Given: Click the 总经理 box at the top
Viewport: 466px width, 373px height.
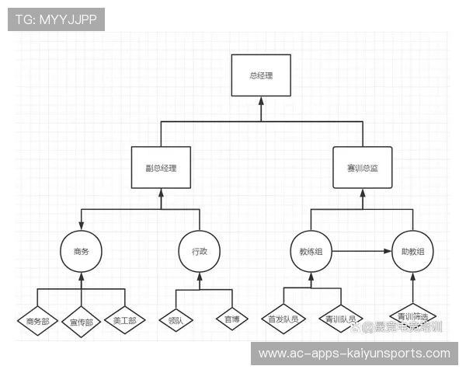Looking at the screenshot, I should [260, 75].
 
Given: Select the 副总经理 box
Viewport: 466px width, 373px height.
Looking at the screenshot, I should [161, 167].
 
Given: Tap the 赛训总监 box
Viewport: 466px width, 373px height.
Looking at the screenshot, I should [362, 167].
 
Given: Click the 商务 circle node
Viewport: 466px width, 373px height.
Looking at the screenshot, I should [82, 251].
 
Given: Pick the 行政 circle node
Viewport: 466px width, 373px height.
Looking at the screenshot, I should [200, 251].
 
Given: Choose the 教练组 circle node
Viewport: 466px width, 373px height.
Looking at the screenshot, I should [311, 251].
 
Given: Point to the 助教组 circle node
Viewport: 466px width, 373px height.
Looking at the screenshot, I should [412, 251].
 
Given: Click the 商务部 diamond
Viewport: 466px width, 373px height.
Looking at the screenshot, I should [37, 320].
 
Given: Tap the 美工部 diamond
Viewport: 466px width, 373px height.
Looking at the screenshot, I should [124, 320].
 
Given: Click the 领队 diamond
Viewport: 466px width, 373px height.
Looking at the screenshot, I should [176, 319].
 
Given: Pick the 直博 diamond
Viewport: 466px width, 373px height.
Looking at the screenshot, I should [231, 319].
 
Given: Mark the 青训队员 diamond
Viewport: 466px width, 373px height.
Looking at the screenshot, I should [341, 319].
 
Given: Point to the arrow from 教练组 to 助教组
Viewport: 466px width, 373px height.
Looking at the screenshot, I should [362, 251].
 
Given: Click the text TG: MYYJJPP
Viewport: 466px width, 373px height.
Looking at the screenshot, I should [56, 19].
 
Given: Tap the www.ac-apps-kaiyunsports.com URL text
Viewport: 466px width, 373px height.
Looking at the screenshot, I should [353, 354].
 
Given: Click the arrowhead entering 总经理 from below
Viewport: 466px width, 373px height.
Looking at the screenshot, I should [260, 101].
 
